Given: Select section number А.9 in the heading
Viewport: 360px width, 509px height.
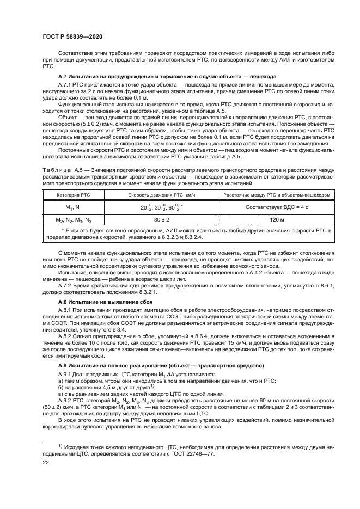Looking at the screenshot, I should tap(64, 365).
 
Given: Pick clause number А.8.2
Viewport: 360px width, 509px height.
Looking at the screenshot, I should tap(66, 336).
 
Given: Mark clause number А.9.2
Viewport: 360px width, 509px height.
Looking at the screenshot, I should tap(66, 401).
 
